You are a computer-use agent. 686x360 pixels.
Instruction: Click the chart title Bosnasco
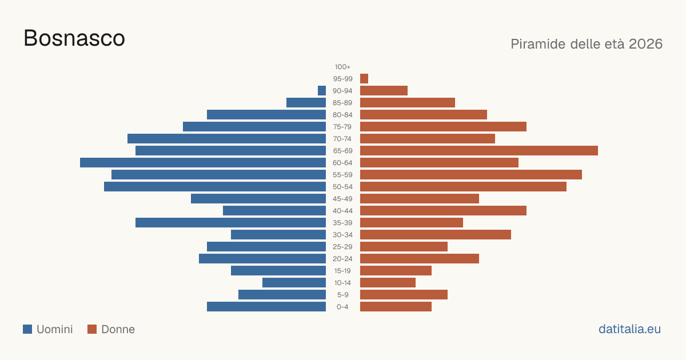[74, 38]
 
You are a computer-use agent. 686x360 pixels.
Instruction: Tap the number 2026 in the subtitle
[645, 44]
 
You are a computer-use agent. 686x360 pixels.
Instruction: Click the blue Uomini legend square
[27, 329]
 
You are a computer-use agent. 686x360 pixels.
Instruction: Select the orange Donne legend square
[92, 329]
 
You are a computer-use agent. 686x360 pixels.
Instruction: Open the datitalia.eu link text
[629, 329]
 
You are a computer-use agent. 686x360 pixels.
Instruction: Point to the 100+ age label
[342, 67]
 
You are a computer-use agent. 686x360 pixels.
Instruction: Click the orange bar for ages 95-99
[364, 79]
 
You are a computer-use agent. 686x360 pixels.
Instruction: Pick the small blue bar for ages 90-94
[322, 91]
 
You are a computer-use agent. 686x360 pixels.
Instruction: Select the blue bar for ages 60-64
[203, 162]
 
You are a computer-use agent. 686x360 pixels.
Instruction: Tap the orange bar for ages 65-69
[479, 151]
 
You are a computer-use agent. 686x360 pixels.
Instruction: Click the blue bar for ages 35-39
[230, 222]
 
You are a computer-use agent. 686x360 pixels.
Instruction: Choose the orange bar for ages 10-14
[388, 282]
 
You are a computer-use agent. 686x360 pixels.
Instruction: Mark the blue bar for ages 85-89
[306, 102]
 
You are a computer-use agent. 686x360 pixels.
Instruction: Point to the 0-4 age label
[342, 307]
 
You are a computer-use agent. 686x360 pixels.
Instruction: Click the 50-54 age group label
[342, 187]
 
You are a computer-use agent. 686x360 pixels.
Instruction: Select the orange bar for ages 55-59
[471, 174]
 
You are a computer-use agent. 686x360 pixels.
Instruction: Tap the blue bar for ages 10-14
[294, 282]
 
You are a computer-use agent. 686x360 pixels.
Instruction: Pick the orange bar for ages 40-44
[443, 211]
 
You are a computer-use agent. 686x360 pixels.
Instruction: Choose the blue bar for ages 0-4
[266, 307]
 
